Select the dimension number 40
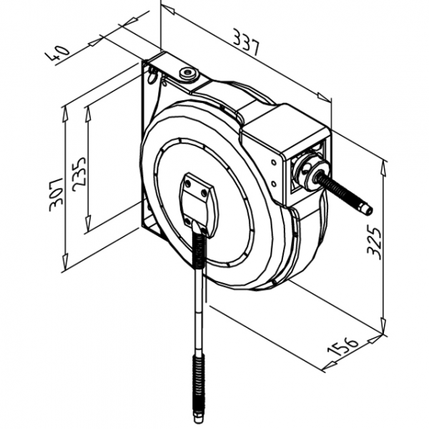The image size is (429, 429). [x=61, y=53]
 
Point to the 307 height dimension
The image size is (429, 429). [x=56, y=195]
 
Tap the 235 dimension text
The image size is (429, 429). [x=79, y=172]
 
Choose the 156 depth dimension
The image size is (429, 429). [x=344, y=347]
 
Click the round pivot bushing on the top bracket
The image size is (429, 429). [x=189, y=73]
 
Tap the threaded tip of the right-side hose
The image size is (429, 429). [x=365, y=209]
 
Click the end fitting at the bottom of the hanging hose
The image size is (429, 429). [x=197, y=413]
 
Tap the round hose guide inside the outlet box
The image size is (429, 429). [x=309, y=172]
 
